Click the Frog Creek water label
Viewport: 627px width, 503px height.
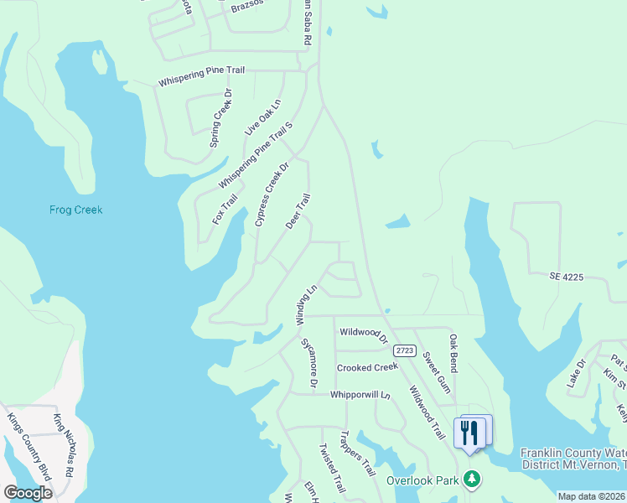click(75, 210)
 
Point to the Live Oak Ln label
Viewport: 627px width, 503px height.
click(262, 117)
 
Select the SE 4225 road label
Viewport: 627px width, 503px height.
click(566, 276)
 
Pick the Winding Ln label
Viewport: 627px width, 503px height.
click(306, 304)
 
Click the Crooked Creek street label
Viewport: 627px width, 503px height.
click(367, 368)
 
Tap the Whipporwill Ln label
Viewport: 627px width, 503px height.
click(360, 394)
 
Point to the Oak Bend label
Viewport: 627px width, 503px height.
click(453, 353)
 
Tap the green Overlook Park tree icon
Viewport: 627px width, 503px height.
click(473, 480)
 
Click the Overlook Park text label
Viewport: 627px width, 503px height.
click(423, 480)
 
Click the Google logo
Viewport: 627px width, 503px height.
click(28, 492)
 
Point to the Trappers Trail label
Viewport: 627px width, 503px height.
click(357, 454)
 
